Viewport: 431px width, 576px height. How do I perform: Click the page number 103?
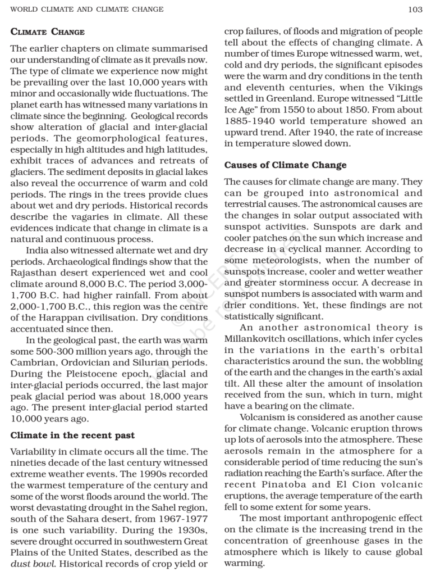(x=415, y=9)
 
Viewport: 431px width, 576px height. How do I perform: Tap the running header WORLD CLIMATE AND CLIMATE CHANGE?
(x=87, y=9)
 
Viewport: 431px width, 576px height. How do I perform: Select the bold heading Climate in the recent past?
(x=72, y=435)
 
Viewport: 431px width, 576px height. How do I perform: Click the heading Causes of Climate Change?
(x=285, y=165)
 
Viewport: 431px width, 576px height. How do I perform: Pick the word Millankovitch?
(x=253, y=339)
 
